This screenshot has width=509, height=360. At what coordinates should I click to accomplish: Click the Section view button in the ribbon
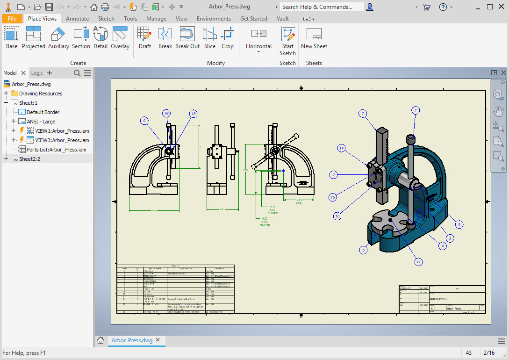click(81, 37)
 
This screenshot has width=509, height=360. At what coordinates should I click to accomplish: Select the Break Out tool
click(187, 37)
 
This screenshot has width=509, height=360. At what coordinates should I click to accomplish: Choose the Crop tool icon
click(228, 37)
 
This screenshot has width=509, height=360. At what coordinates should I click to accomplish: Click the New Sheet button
click(314, 37)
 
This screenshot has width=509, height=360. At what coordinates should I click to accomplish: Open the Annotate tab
click(77, 19)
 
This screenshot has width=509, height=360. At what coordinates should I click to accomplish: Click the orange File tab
click(12, 19)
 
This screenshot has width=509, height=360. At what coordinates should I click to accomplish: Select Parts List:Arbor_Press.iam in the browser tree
click(56, 150)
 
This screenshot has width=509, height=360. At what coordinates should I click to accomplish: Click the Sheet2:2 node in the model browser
click(30, 159)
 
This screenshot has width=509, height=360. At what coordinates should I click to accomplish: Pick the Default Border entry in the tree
click(43, 112)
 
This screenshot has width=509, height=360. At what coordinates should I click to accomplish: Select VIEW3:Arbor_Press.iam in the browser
click(62, 140)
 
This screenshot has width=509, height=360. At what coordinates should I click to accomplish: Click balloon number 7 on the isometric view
click(363, 114)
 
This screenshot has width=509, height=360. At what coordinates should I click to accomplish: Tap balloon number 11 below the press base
click(418, 262)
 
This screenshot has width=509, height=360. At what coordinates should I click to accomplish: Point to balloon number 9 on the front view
click(144, 121)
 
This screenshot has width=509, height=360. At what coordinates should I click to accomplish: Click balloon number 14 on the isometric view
click(342, 148)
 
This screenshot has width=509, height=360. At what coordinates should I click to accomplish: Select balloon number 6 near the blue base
click(363, 250)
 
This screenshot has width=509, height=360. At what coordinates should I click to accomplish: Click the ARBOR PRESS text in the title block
click(438, 299)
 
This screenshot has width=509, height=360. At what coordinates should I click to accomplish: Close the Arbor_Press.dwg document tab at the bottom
click(158, 340)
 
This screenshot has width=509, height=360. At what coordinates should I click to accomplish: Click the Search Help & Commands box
click(322, 7)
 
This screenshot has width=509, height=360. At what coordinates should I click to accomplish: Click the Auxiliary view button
click(58, 37)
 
